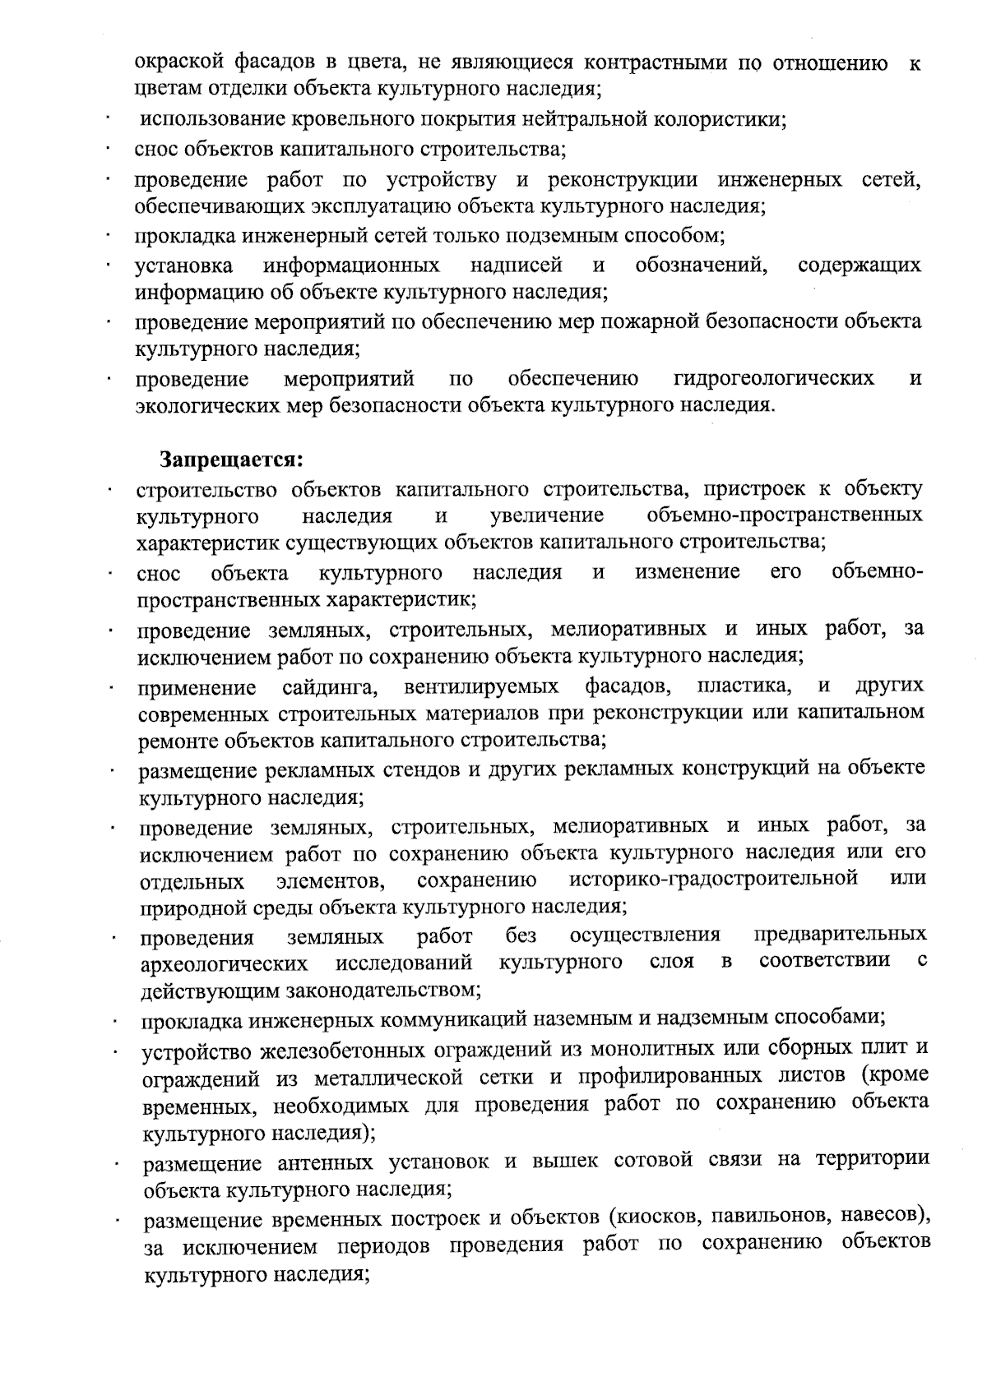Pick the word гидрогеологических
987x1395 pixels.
pos(773,378)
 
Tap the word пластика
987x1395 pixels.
pos(744,685)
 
